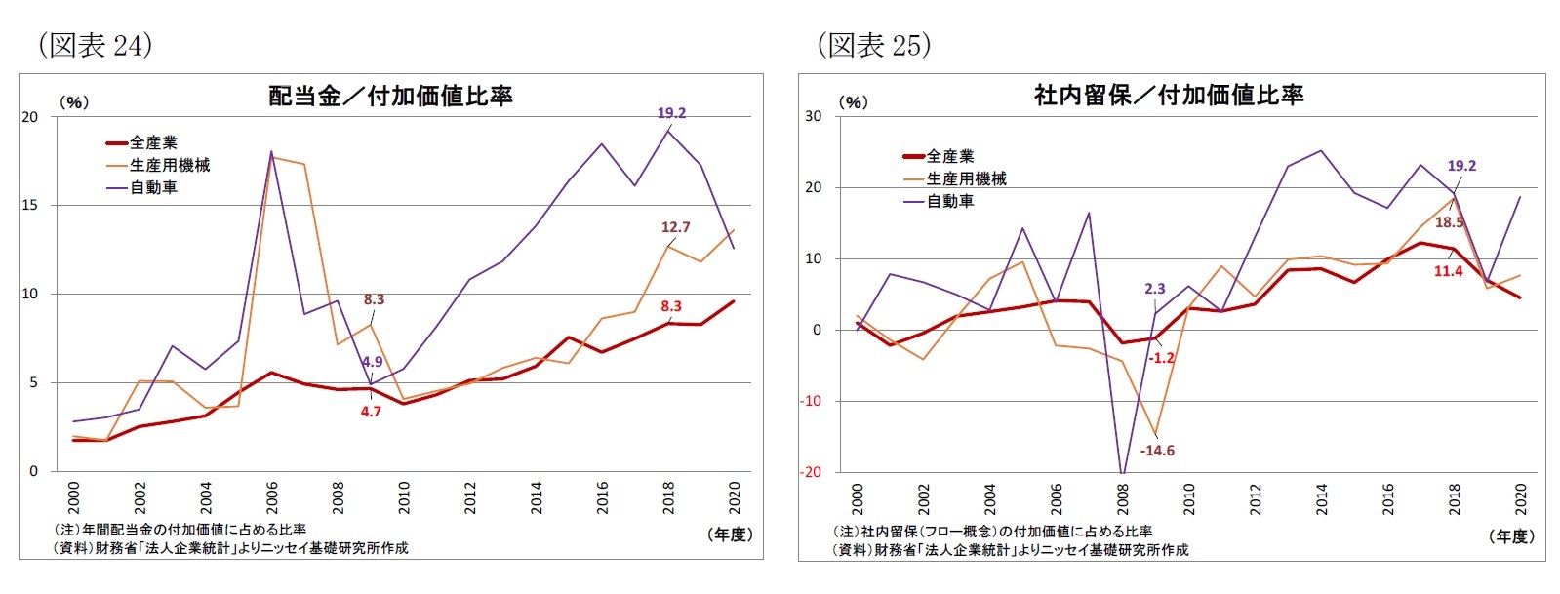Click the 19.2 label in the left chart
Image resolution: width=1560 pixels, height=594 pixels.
[671, 113]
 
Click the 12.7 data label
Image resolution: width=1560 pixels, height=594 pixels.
[675, 227]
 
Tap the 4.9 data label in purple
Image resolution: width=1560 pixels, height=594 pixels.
[372, 362]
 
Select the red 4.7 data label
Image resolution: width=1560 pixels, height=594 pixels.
[371, 412]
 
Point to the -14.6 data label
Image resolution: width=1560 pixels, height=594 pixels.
[1157, 451]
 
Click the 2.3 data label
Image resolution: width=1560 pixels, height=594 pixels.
[1154, 289]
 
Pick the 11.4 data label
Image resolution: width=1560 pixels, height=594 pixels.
[1448, 271]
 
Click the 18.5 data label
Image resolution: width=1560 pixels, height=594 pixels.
[1449, 222]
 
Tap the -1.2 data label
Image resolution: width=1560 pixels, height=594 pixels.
[1161, 358]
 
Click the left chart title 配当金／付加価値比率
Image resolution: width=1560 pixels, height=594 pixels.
[390, 96]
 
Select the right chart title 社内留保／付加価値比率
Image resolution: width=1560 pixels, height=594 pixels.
[1169, 95]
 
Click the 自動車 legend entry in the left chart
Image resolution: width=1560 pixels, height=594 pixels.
[154, 187]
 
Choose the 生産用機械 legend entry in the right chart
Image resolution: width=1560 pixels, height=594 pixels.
[966, 178]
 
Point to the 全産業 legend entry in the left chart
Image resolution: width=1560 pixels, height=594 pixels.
[154, 142]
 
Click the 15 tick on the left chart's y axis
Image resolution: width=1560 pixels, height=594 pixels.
[30, 206]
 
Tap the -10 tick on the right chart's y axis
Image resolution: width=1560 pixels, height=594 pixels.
[811, 401]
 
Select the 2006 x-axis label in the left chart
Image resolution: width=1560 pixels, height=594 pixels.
[272, 496]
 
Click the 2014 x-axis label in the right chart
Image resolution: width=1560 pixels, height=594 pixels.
[1321, 497]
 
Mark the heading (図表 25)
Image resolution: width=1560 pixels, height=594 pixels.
[873, 45]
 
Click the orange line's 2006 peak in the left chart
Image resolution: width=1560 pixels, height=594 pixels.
[272, 157]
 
